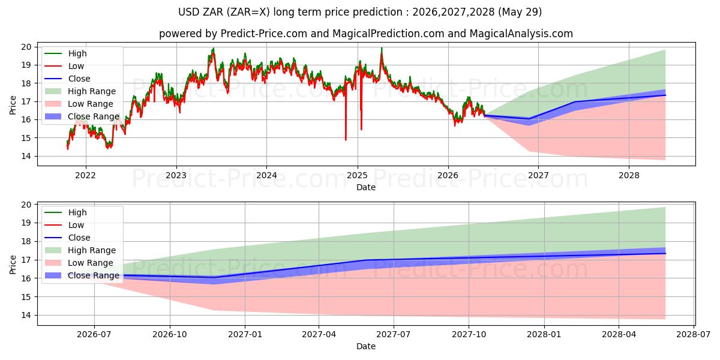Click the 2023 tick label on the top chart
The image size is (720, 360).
pos(176,175)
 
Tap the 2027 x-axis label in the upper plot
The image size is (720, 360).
pos(538,175)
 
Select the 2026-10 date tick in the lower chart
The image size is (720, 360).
pos(170,335)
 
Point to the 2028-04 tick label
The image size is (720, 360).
pos(619,335)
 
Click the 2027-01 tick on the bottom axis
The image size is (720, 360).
pos(245,335)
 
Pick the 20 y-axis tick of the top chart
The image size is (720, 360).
pos(26,47)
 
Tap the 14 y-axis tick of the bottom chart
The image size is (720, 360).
pos(26,316)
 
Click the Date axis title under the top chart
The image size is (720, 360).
pos(366,187)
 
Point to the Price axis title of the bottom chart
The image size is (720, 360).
pos(13,265)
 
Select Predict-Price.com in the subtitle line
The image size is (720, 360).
pos(264,34)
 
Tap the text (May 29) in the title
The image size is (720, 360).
pos(520,12)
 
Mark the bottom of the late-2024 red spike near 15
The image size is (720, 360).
pos(346,140)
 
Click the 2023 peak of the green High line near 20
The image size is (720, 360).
pos(213,48)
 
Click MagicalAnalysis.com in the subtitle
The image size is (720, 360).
pos(521,34)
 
